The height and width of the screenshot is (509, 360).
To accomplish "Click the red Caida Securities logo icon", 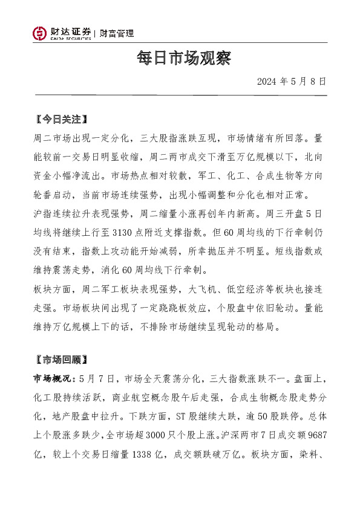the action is pyautogui.click(x=39, y=33).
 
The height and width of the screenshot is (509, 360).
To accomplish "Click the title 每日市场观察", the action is pyautogui.click(x=180, y=59).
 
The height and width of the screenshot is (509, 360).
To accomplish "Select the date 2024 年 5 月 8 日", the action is pyautogui.click(x=292, y=81).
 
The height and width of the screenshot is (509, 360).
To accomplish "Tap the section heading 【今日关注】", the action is pyautogui.click(x=62, y=119).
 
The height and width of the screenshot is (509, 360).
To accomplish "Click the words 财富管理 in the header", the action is pyautogui.click(x=117, y=34).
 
